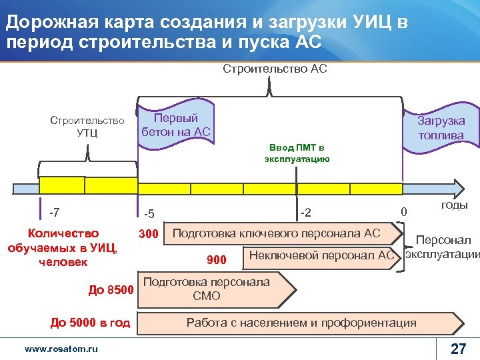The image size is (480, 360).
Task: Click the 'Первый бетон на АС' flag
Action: coord(175,125)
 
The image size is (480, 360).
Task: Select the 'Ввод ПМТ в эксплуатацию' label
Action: coord(297,153)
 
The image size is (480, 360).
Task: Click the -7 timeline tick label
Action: coord(55,213)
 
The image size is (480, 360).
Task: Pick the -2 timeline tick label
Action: coord(305,213)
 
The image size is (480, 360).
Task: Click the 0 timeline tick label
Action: coord(403,212)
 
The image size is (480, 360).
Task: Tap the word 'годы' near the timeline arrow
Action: coord(454,205)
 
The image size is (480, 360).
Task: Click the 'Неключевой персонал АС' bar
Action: coord(320,255)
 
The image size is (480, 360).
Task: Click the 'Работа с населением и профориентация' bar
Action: coord(300,323)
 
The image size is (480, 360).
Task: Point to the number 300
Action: coord(148,234)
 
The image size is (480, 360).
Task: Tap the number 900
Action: coord(217,259)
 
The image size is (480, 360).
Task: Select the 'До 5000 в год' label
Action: coord(91,323)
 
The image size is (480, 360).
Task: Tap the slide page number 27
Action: coord(458,349)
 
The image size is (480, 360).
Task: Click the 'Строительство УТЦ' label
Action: coord(87,126)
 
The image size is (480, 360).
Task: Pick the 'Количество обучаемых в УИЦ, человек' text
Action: coord(62,247)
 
